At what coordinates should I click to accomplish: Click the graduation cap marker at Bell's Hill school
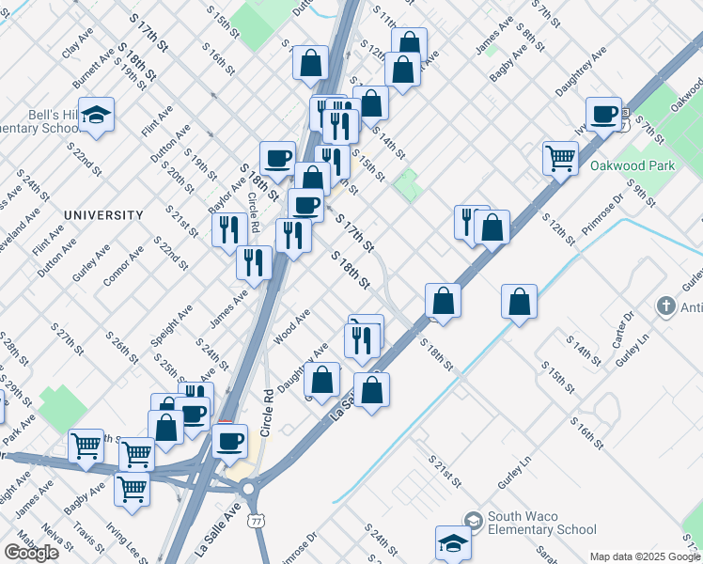pos(96,115)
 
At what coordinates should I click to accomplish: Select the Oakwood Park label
pos(633,166)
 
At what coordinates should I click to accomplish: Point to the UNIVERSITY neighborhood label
pos(103,215)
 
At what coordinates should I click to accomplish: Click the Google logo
pos(31,553)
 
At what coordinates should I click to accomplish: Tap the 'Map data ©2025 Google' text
pos(644,556)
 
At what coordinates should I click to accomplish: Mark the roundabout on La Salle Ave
pos(248,489)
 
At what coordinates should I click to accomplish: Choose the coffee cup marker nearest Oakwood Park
pos(604,114)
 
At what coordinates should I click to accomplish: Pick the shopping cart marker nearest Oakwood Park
pos(560,158)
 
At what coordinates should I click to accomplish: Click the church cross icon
pos(665,306)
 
